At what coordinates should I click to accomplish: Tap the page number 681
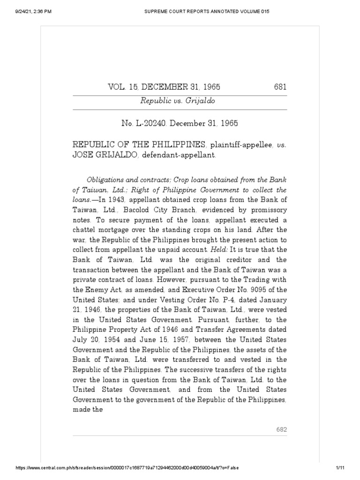280,87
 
